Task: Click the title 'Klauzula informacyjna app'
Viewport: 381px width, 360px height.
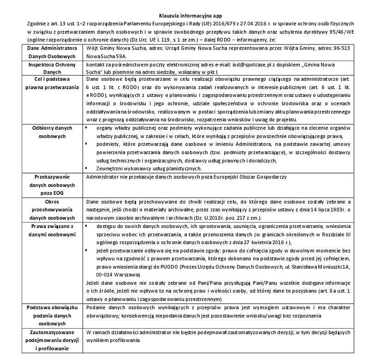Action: click(x=190, y=16)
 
